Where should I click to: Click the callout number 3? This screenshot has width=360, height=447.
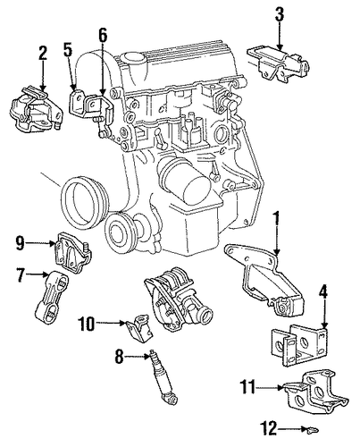point(279,14)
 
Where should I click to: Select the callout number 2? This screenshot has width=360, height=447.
point(43,54)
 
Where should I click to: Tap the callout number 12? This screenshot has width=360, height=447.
point(269,428)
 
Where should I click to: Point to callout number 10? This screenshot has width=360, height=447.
point(86,324)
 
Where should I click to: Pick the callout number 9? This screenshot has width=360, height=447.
point(20,243)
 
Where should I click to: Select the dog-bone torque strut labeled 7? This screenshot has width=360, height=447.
point(51,298)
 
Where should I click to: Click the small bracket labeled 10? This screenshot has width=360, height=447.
point(140,329)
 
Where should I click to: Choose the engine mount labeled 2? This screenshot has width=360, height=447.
point(36,110)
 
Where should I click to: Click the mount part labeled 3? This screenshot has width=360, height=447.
point(278,63)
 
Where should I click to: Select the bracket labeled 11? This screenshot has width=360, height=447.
point(314,392)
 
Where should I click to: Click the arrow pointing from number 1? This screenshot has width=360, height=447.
point(277,235)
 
